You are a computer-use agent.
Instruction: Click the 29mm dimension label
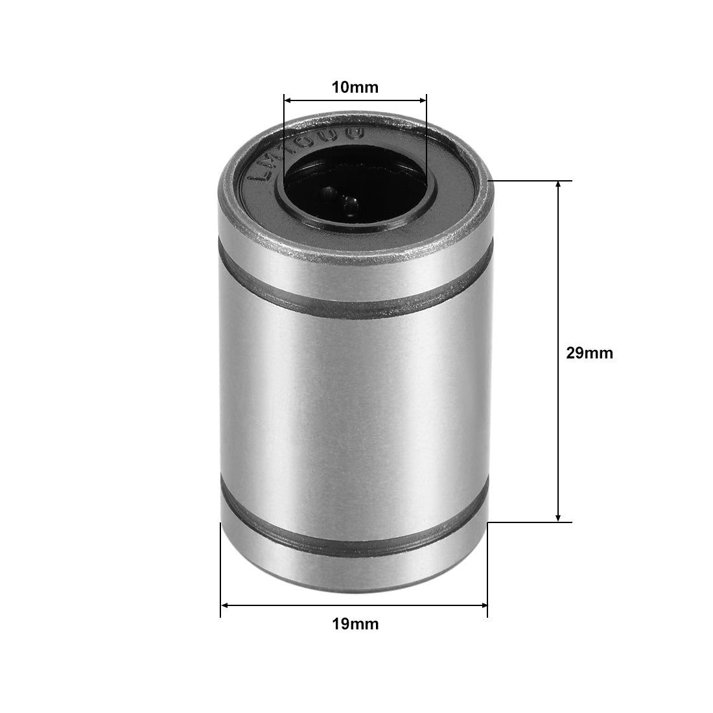589,353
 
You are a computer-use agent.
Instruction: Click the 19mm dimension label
355,624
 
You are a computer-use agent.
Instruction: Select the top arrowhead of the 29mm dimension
559,185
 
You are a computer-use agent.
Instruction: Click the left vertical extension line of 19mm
220,570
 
